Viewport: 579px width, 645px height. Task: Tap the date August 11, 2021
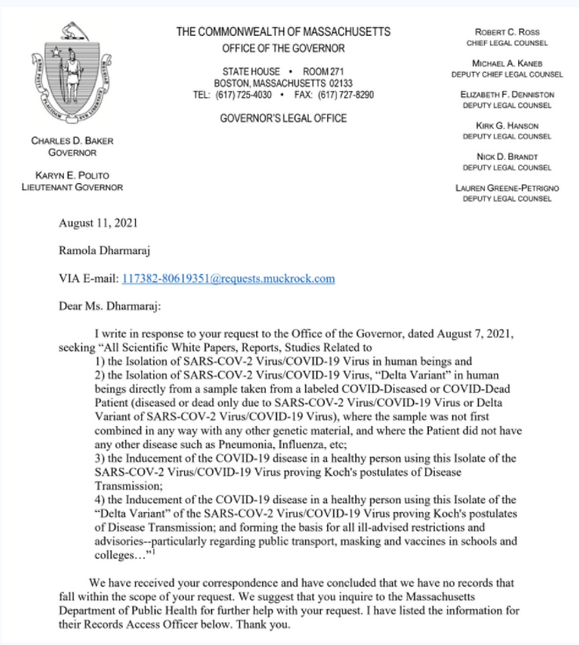tap(99, 223)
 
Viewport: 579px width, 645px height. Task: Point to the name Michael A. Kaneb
tap(507, 63)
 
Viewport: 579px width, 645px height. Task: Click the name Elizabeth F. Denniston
tap(507, 95)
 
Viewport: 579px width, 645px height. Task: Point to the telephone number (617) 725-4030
tap(243, 95)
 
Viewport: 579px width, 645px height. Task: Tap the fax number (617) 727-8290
tap(345, 95)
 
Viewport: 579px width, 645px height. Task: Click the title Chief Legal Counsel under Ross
tap(507, 42)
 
